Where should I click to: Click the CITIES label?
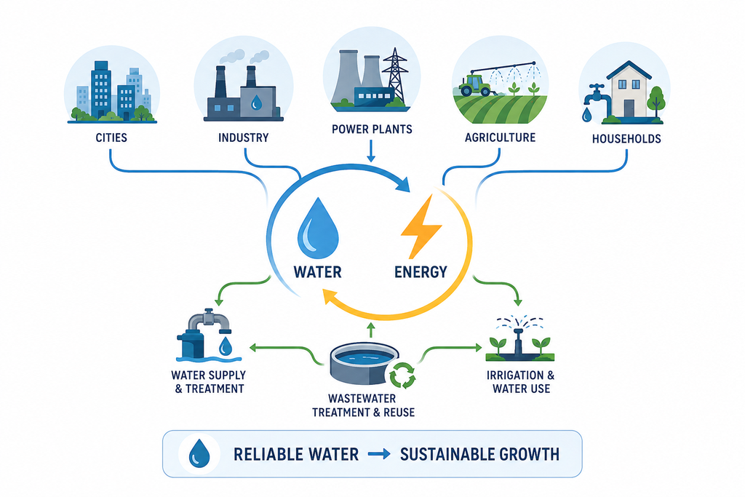click(111, 138)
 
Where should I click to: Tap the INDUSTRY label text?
click(243, 138)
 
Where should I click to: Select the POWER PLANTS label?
click(372, 130)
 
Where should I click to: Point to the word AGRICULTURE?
click(500, 138)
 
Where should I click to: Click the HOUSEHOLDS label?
click(626, 139)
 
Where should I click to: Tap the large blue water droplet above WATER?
click(318, 228)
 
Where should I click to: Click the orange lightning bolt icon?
click(421, 226)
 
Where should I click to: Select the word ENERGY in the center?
click(421, 271)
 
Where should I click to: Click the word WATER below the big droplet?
click(317, 271)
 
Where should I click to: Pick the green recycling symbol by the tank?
click(402, 375)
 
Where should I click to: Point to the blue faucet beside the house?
click(594, 95)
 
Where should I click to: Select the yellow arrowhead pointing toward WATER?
click(329, 298)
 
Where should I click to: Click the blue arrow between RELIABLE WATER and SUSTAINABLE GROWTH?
click(379, 454)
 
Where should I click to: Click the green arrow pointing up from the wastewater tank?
click(371, 330)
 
